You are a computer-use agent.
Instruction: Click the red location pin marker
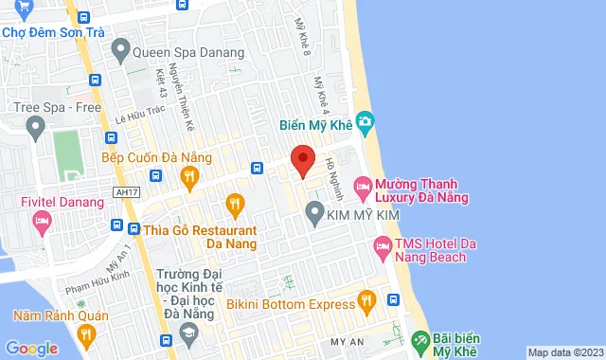tap(302, 160)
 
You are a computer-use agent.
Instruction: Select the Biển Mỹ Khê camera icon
tap(366, 122)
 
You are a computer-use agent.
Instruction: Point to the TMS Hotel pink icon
tap(382, 248)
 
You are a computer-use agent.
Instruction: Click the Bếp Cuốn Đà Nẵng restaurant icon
tap(189, 175)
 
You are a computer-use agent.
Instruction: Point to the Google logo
tap(31, 348)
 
